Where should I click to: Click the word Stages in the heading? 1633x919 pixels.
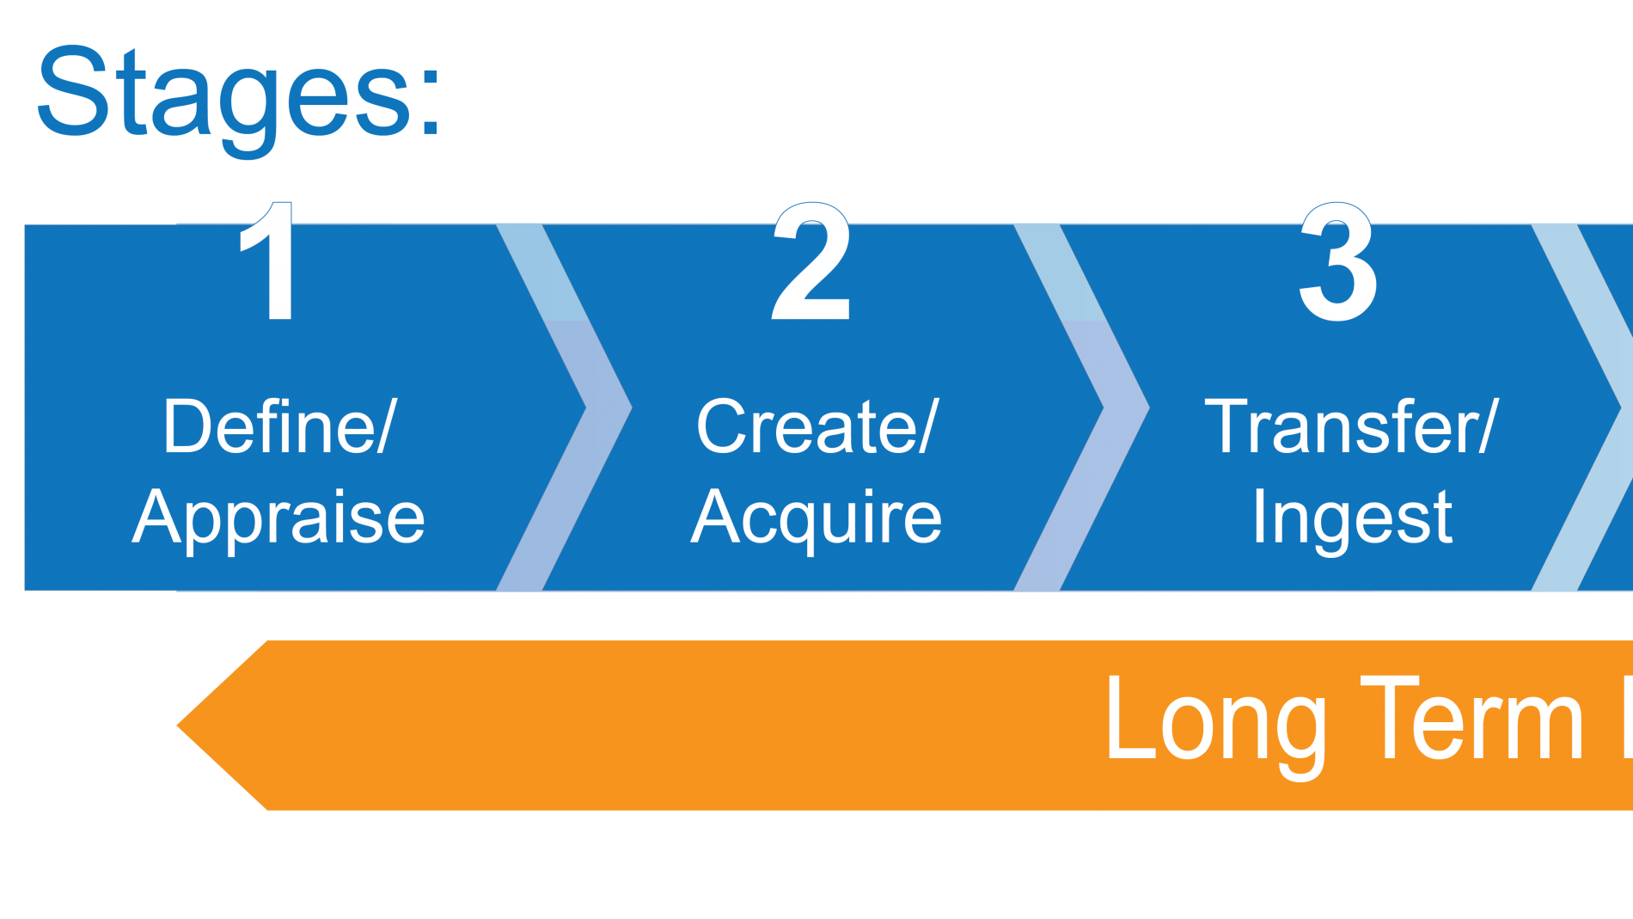tap(225, 99)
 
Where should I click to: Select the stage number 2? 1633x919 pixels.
tap(811, 260)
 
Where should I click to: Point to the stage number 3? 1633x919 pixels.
tap(1338, 261)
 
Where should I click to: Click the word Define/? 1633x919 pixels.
tap(280, 426)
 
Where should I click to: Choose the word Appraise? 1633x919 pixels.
tap(278, 518)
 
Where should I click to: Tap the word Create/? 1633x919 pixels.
tap(817, 426)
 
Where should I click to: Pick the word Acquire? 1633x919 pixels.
tap(816, 518)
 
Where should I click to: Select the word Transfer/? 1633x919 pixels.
tap(1352, 426)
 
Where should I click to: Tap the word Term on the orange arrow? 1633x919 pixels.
tap(1472, 718)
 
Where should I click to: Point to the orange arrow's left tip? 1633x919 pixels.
tap(177, 726)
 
